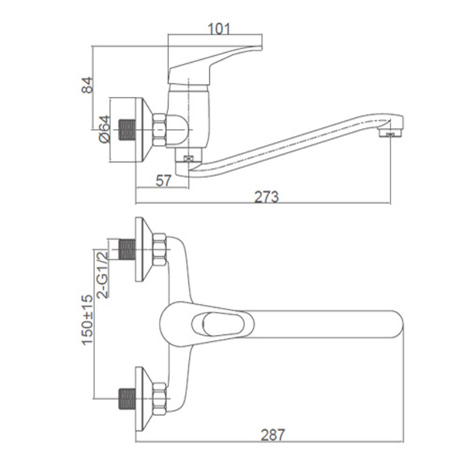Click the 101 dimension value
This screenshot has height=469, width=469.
pyautogui.click(x=219, y=29)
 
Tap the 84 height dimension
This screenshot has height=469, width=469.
pyautogui.click(x=87, y=85)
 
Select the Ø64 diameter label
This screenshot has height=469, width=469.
pyautogui.click(x=106, y=129)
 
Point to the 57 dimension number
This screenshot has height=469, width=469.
pyautogui.click(x=164, y=181)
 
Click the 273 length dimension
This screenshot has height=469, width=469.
pyautogui.click(x=266, y=197)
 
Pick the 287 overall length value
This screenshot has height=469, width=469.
pyautogui.click(x=273, y=434)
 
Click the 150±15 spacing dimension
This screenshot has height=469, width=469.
pyautogui.click(x=87, y=320)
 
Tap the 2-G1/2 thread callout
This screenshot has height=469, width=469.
pyautogui.click(x=102, y=274)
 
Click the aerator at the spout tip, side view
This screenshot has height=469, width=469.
pyautogui.click(x=391, y=133)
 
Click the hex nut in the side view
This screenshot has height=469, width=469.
pyautogui.click(x=159, y=130)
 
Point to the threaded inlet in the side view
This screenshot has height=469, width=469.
pyautogui.click(x=127, y=130)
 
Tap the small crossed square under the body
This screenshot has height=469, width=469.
pyautogui.click(x=188, y=158)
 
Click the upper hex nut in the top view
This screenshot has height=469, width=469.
pyautogui.click(x=159, y=250)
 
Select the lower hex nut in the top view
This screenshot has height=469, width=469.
pyautogui.click(x=159, y=399)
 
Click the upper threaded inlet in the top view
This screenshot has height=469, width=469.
pyautogui.click(x=127, y=250)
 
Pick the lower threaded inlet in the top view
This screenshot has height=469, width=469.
pyautogui.click(x=127, y=399)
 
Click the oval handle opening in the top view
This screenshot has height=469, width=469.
pyautogui.click(x=223, y=324)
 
